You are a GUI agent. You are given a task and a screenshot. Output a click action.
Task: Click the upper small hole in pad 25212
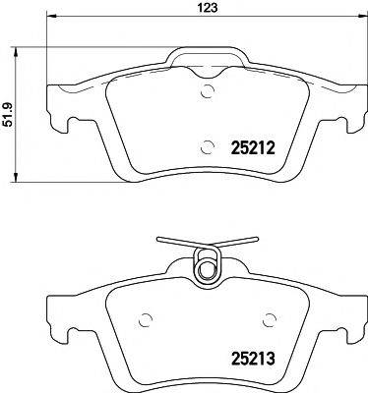point(207,94)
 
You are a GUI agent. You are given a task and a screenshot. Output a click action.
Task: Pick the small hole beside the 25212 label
point(207,148)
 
